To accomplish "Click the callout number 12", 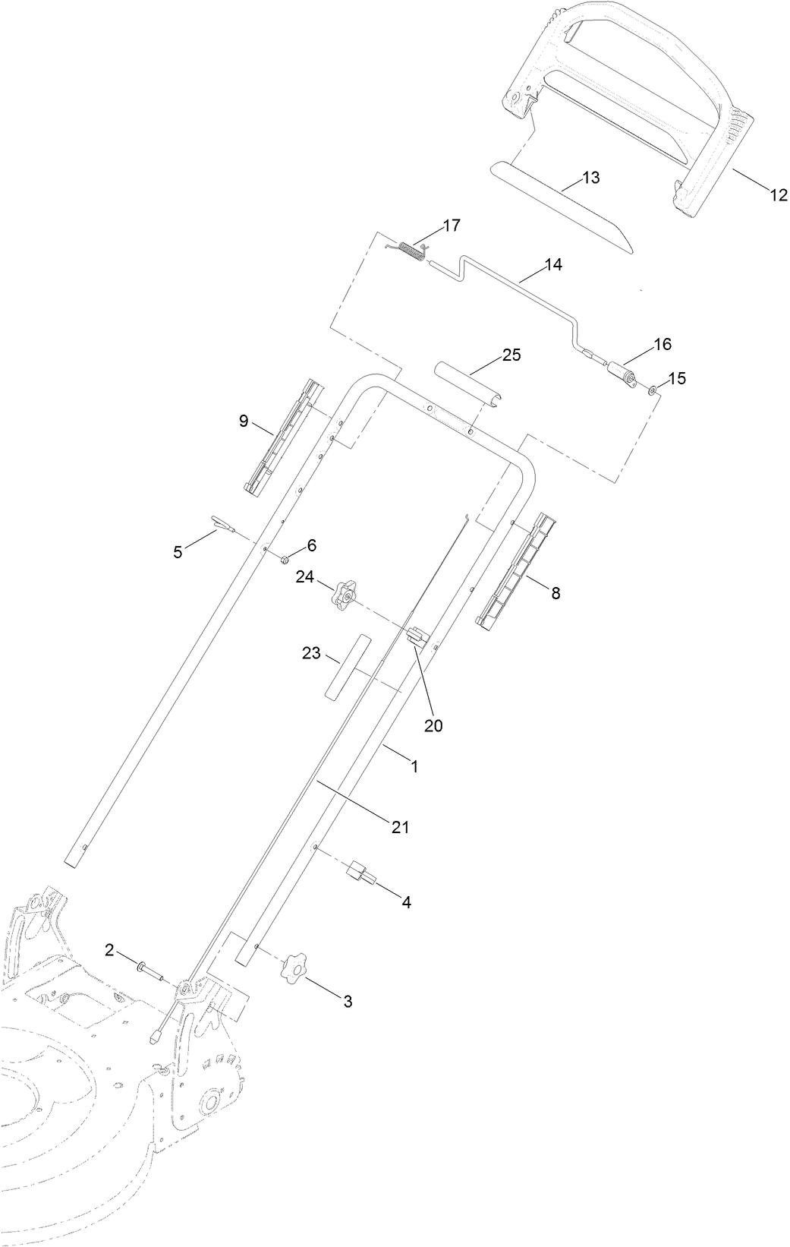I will [x=779, y=195].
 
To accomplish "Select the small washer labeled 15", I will [x=653, y=390].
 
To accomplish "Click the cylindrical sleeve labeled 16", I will [x=625, y=375].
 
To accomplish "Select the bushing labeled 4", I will [x=361, y=873].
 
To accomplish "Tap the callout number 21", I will [x=401, y=827].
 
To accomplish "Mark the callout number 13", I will [x=590, y=178].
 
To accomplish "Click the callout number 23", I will [x=311, y=653].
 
